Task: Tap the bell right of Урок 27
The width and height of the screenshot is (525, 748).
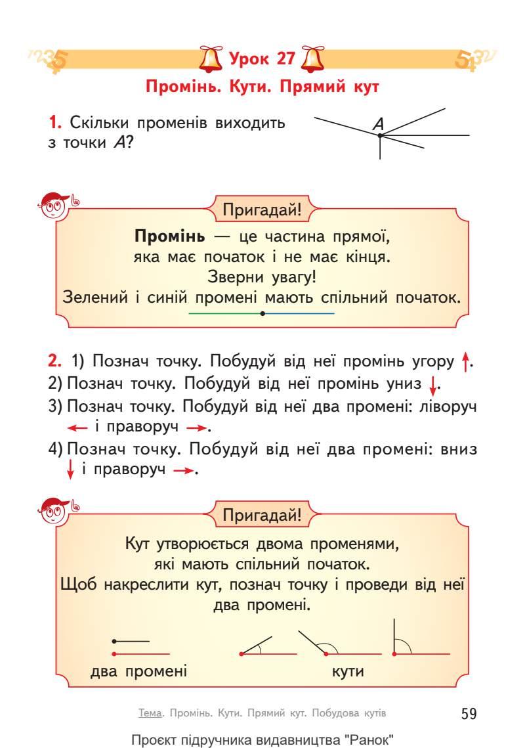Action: [308, 59]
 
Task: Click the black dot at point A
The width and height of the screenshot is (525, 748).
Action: [380, 135]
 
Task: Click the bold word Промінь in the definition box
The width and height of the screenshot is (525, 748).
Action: [164, 236]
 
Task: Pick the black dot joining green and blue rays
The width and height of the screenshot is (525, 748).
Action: [262, 313]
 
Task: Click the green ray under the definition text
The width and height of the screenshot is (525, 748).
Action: [223, 313]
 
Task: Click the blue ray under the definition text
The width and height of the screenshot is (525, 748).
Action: [299, 313]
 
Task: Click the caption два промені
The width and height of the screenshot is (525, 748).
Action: [138, 671]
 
